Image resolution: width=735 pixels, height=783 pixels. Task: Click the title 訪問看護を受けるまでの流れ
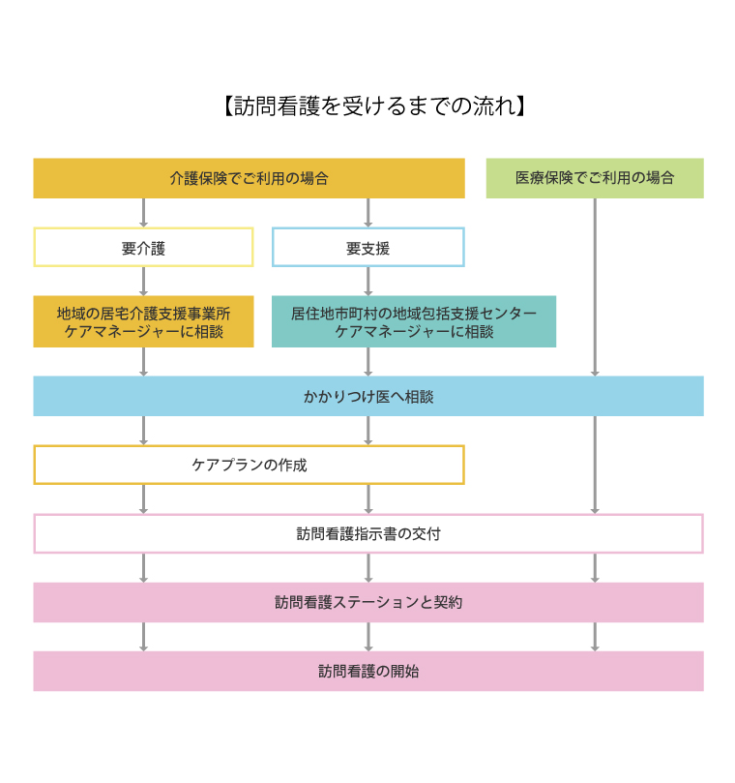(x=374, y=105)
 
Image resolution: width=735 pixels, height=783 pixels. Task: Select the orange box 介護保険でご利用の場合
(x=249, y=178)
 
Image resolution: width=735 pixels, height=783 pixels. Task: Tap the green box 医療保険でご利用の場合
(x=595, y=178)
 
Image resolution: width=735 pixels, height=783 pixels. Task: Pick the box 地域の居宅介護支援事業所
(x=144, y=321)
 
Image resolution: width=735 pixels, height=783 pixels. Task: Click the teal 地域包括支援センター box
(x=414, y=321)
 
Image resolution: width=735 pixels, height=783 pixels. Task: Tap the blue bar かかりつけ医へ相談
(x=368, y=396)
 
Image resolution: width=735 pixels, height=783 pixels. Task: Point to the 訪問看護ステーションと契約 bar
(x=368, y=602)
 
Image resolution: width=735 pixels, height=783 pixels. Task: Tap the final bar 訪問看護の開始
(x=368, y=671)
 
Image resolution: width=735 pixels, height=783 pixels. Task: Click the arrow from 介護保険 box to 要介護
(x=144, y=213)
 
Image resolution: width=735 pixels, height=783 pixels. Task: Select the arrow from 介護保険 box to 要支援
(x=368, y=213)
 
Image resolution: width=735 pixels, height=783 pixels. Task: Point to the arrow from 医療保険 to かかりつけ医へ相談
(x=595, y=287)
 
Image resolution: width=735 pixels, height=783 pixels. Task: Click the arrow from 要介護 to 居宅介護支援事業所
(x=144, y=282)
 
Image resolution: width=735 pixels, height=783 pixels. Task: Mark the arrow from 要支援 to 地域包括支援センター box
(x=368, y=282)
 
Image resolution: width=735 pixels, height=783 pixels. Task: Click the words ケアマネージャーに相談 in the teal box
(x=414, y=332)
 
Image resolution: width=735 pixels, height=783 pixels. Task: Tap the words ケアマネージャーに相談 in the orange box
(x=144, y=332)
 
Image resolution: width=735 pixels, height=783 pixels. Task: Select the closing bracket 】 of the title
(x=521, y=105)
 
